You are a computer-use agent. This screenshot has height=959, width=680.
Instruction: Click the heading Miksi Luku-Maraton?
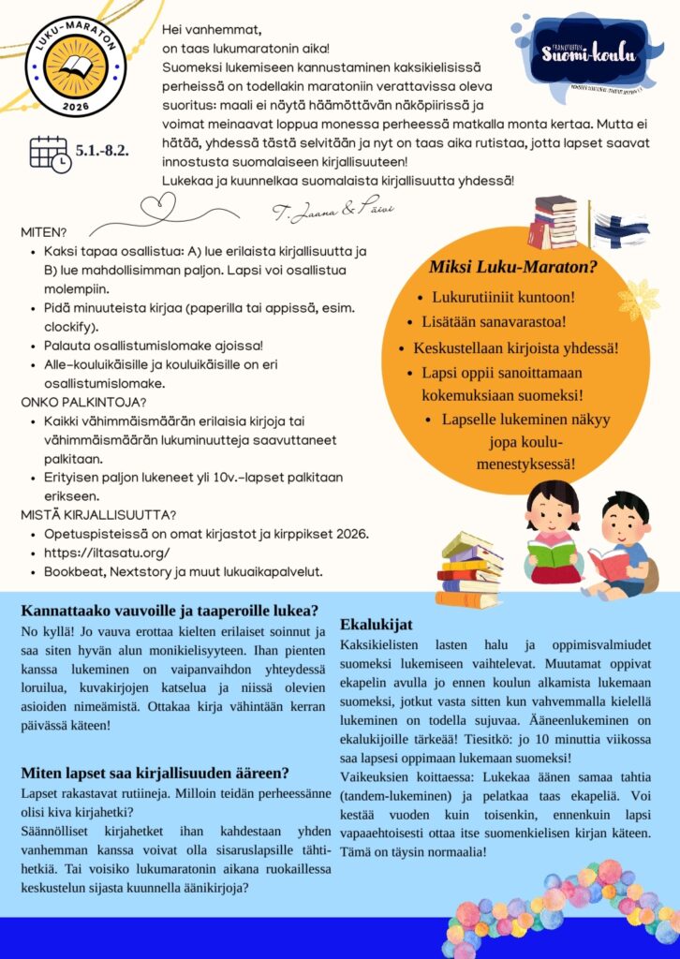pos(513,267)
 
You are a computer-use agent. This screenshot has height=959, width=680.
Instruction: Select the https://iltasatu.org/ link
pos(107,553)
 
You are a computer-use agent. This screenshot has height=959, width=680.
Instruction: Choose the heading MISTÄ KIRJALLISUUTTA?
pos(99,514)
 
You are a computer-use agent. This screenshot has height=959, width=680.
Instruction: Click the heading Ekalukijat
pos(377,624)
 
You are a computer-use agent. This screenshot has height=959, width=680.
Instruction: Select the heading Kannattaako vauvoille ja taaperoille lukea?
pos(170,610)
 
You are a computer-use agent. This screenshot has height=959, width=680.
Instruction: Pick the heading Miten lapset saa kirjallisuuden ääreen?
pos(155,773)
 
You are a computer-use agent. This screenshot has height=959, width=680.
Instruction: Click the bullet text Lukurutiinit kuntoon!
pos(503,298)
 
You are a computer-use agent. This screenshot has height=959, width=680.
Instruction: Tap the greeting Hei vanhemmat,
pos(212,30)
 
